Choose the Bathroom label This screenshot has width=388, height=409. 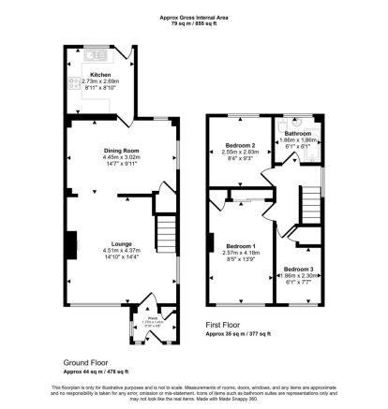point(298,134)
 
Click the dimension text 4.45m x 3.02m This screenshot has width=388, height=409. point(121,156)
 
